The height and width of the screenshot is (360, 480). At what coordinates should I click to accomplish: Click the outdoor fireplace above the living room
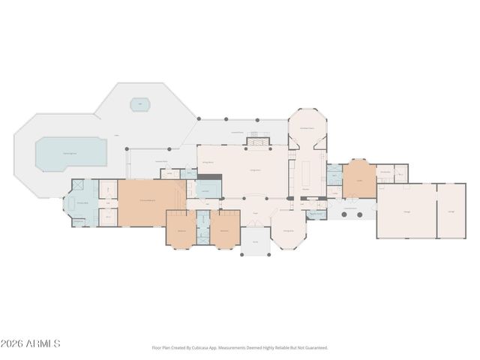point(259,139)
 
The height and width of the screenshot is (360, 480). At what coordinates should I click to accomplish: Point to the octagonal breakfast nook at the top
point(307,127)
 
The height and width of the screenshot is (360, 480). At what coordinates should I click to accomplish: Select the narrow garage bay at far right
point(451,211)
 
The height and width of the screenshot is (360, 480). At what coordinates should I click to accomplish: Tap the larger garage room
point(406,211)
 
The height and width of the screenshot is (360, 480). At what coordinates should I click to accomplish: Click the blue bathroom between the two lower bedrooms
point(202,227)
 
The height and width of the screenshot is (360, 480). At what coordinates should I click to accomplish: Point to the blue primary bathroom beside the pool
point(82,202)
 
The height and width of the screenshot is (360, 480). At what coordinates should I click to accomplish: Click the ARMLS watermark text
point(30,343)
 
